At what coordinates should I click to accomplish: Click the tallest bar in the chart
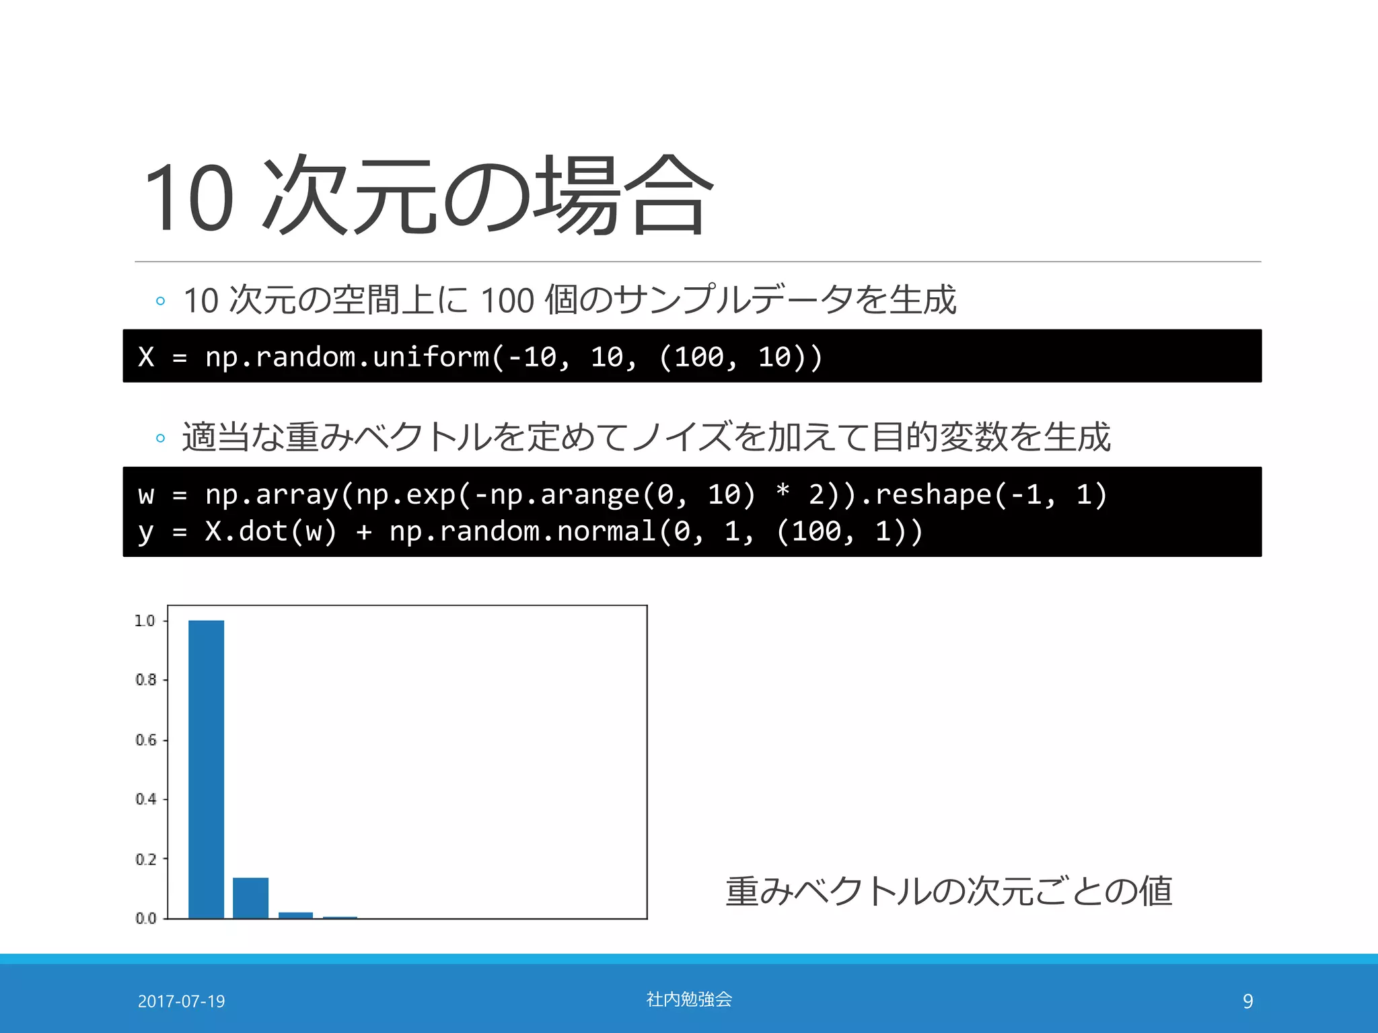206,769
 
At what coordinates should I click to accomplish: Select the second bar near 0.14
250,897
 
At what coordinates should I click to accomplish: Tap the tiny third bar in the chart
295,915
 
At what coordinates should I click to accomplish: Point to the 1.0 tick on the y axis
145,621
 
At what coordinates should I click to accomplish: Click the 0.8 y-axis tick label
145,680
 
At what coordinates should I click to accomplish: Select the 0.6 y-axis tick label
145,740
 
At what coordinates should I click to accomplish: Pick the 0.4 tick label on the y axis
145,799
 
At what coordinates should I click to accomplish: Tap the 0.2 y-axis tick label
145,859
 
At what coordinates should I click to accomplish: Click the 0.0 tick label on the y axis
145,918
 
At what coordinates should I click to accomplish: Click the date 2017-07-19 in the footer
181,1001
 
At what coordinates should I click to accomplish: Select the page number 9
1247,1001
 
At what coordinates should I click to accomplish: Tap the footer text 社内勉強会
688,999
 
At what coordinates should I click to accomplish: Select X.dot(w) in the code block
270,531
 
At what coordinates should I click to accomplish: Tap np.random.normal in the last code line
522,531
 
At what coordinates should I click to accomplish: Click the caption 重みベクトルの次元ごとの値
949,891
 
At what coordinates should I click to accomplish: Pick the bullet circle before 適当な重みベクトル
160,438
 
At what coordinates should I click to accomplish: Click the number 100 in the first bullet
507,300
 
